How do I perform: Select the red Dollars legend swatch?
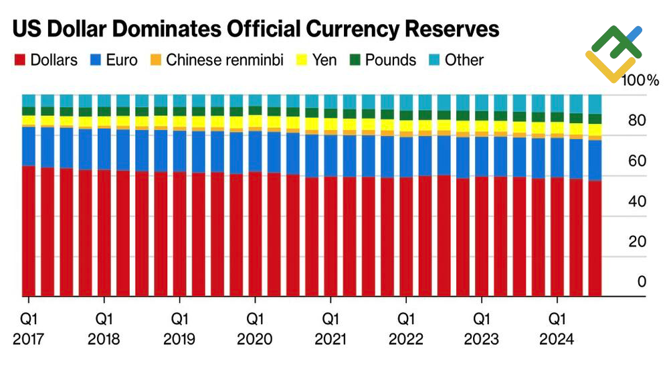point(19,60)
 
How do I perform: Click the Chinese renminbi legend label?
point(225,60)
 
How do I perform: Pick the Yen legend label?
point(324,60)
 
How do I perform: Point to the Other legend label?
point(464,60)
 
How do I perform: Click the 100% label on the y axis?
point(640,81)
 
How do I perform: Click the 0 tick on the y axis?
point(642,282)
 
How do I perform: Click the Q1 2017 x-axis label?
point(27,328)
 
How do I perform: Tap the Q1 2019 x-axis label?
point(179,328)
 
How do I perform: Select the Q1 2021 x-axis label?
point(329,328)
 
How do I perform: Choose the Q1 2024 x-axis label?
point(555,328)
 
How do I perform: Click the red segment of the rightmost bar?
point(594,238)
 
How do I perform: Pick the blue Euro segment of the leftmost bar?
point(28,145)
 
